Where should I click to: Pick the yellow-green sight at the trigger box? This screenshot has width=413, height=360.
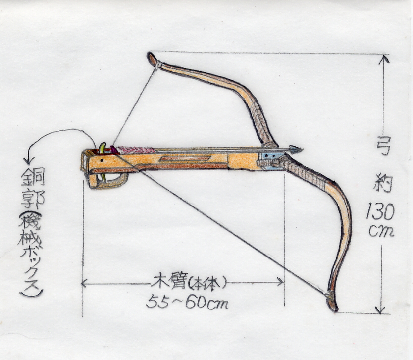pos(103,147)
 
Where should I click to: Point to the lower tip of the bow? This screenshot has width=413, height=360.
pos(333,308)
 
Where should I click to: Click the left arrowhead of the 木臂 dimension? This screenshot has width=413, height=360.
pos(84,284)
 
